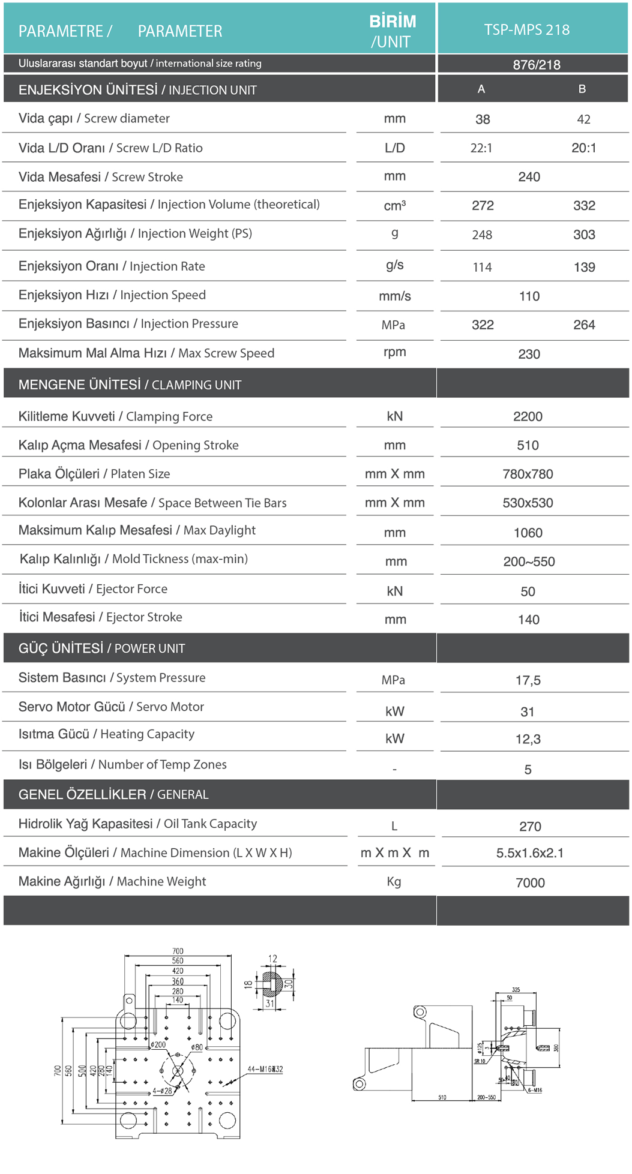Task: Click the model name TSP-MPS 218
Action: tap(526, 30)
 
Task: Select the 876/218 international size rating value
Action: tap(536, 65)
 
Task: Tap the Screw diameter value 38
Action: tap(483, 119)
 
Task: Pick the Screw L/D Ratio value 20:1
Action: tap(583, 148)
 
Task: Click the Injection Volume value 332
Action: tap(583, 206)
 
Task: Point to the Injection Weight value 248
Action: tap(482, 235)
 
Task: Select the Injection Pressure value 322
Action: tap(483, 325)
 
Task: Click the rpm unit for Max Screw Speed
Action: tap(394, 352)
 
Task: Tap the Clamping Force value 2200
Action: tap(528, 416)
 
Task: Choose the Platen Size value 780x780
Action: tap(528, 474)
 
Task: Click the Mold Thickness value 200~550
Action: tap(529, 562)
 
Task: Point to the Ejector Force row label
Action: tap(93, 589)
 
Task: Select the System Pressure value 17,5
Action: tap(528, 680)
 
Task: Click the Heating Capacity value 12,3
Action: tap(528, 739)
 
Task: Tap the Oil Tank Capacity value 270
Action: tap(530, 827)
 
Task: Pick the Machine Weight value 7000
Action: tap(530, 883)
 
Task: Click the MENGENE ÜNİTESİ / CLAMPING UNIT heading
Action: tap(130, 385)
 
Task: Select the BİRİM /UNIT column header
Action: tap(393, 31)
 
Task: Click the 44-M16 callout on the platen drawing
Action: tap(265, 1069)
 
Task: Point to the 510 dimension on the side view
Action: tap(442, 1097)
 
